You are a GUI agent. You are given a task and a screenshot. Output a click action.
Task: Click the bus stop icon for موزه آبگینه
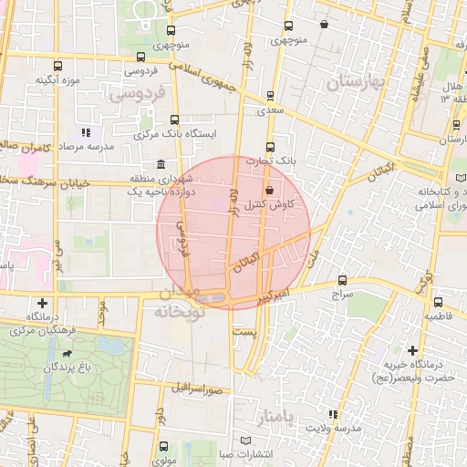[58, 67]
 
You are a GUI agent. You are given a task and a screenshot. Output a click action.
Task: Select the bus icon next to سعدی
[270, 95]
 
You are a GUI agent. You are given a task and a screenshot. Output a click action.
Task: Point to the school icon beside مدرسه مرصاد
[87, 132]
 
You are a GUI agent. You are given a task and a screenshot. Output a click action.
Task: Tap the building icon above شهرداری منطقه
[161, 164]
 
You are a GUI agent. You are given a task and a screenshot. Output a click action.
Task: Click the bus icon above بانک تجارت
[270, 148]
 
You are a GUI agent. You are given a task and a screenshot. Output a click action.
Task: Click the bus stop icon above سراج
[342, 281]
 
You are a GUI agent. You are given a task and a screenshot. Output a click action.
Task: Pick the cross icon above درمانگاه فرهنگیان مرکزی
[42, 302]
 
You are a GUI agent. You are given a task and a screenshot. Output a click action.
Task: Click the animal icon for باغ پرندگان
[67, 353]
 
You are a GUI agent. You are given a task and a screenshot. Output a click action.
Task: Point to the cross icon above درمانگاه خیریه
[412, 350]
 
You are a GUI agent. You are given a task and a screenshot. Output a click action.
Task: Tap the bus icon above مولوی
[162, 447]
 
